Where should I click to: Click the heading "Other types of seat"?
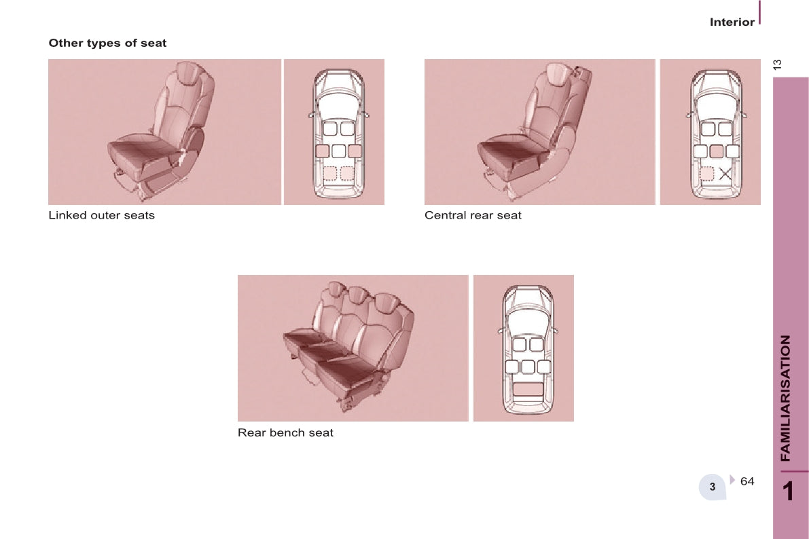107,43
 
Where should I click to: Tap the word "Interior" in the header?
732,22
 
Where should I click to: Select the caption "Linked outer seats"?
102,215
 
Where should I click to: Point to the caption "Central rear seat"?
473,215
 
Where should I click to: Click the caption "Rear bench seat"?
285,432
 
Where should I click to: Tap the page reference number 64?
747,481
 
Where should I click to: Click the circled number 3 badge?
713,486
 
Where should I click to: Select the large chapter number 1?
788,491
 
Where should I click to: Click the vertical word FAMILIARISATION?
785,398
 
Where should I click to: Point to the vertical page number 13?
778,64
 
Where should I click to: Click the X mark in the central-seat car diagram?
725,174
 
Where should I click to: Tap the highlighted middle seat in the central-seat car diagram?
716,151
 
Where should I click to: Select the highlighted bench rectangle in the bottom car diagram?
527,390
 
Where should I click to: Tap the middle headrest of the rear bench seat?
356,295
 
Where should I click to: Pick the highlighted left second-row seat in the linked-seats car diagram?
323,151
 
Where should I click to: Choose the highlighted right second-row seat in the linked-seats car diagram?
355,151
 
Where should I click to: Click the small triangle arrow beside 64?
732,480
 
